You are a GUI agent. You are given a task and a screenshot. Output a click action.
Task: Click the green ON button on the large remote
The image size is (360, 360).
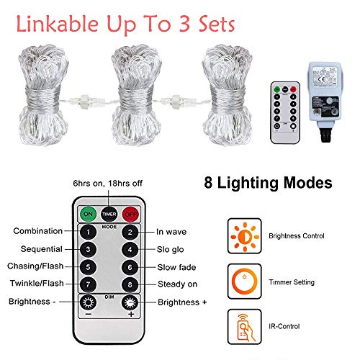88,215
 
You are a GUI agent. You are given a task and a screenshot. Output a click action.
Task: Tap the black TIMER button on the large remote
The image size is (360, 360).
109,213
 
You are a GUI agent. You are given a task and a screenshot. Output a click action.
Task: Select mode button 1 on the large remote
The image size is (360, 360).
88,233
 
